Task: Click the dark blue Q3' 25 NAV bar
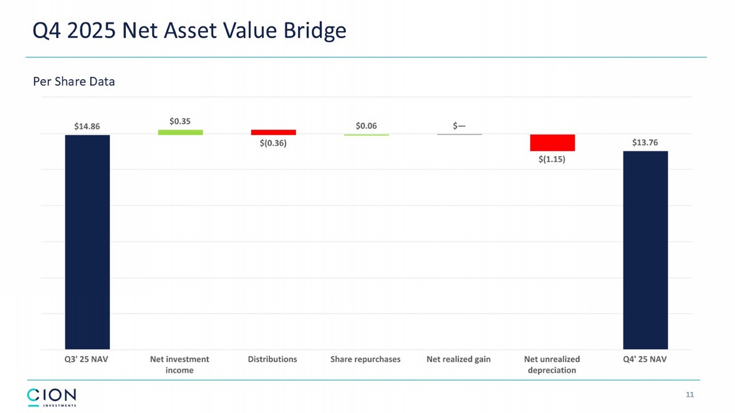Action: (x=87, y=242)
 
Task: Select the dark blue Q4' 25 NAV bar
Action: (x=645, y=250)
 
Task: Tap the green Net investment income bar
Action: (x=180, y=132)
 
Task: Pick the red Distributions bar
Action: (x=273, y=132)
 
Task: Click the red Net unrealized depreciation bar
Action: (x=552, y=142)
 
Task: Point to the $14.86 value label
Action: (x=87, y=126)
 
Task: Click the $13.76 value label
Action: (x=645, y=142)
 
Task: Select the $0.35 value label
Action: (x=180, y=121)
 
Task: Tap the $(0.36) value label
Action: (x=273, y=143)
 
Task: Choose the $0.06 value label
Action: (x=366, y=126)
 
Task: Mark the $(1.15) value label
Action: (x=552, y=159)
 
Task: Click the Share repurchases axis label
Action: (x=365, y=359)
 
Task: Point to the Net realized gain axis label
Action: (x=458, y=359)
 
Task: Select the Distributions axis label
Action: (x=272, y=359)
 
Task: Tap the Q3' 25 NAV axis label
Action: (x=86, y=359)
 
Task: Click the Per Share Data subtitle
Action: (x=74, y=81)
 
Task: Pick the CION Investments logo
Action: (x=51, y=397)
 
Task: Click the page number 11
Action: (x=689, y=394)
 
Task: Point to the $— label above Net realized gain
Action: (x=459, y=126)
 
